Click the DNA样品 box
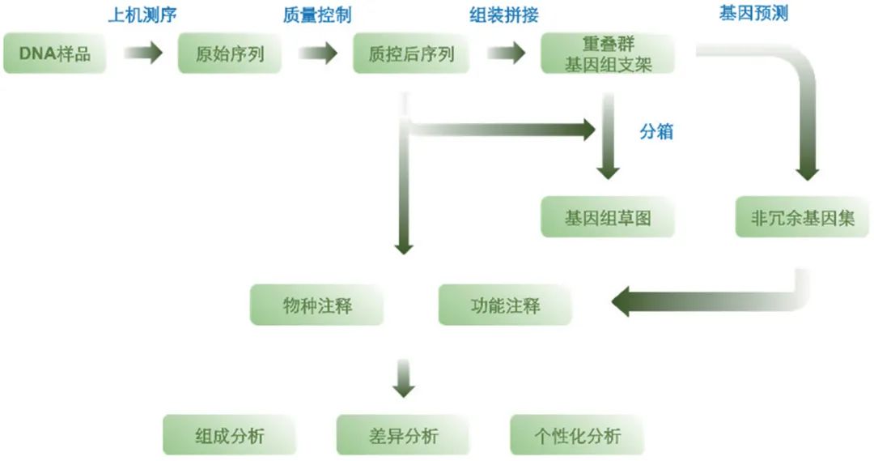tap(55, 54)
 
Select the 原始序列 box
tap(231, 54)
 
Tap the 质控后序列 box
tap(411, 54)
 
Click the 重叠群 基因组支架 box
tap(608, 53)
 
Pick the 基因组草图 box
tap(608, 218)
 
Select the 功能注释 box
tap(505, 305)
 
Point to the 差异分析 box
tap(403, 435)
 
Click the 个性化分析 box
tap(577, 435)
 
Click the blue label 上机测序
tap(142, 15)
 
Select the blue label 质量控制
tap(317, 15)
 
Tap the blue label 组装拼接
tap(504, 15)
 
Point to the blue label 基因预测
tap(753, 14)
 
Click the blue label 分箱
tap(656, 131)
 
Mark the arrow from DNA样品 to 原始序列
tap(143, 54)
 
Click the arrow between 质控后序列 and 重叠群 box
tap(506, 54)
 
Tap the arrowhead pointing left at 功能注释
tap(627, 305)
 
